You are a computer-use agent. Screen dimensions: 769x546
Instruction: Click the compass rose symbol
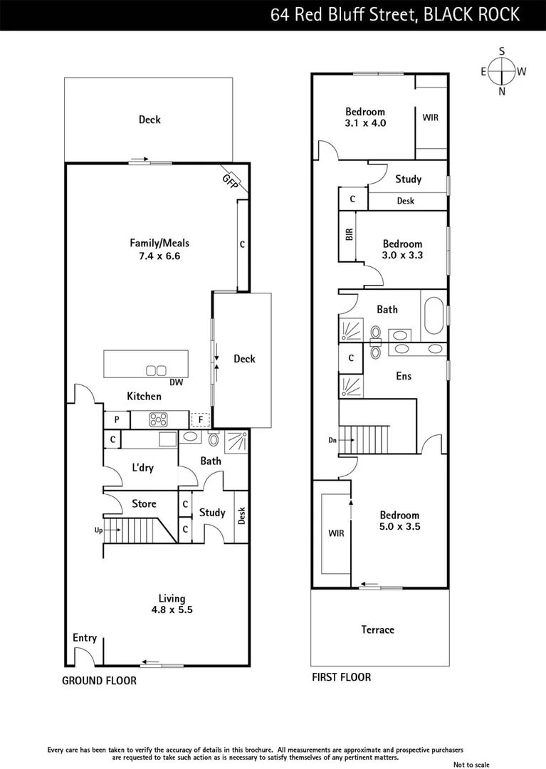tap(503, 70)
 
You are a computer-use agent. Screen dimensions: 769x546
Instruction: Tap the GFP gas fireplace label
tap(230, 181)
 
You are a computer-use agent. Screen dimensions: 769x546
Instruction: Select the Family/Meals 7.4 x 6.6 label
tap(159, 249)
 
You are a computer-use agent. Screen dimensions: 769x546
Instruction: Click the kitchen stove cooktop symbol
tap(158, 420)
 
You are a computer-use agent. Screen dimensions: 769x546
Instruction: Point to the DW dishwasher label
tap(177, 382)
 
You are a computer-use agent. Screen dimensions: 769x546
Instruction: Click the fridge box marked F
tap(201, 420)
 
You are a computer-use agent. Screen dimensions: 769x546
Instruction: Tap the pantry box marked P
tap(116, 420)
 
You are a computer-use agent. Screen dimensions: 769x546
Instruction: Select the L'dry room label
tap(143, 468)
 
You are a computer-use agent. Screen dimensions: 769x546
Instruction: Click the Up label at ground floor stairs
tap(98, 530)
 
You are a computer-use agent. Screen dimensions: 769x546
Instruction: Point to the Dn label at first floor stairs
tap(332, 441)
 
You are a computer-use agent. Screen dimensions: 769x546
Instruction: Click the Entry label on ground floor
tap(85, 637)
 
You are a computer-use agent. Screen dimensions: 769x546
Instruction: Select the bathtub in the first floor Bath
tap(433, 313)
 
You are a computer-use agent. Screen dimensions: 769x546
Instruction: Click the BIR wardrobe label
tap(350, 234)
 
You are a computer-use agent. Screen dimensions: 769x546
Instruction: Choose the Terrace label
tap(377, 629)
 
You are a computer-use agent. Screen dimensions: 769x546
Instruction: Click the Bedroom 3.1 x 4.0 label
tap(365, 117)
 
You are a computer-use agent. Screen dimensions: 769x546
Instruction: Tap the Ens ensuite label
tap(404, 375)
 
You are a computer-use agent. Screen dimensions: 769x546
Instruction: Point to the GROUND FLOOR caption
tap(99, 681)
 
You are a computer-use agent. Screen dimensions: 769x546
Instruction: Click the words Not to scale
tap(472, 765)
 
